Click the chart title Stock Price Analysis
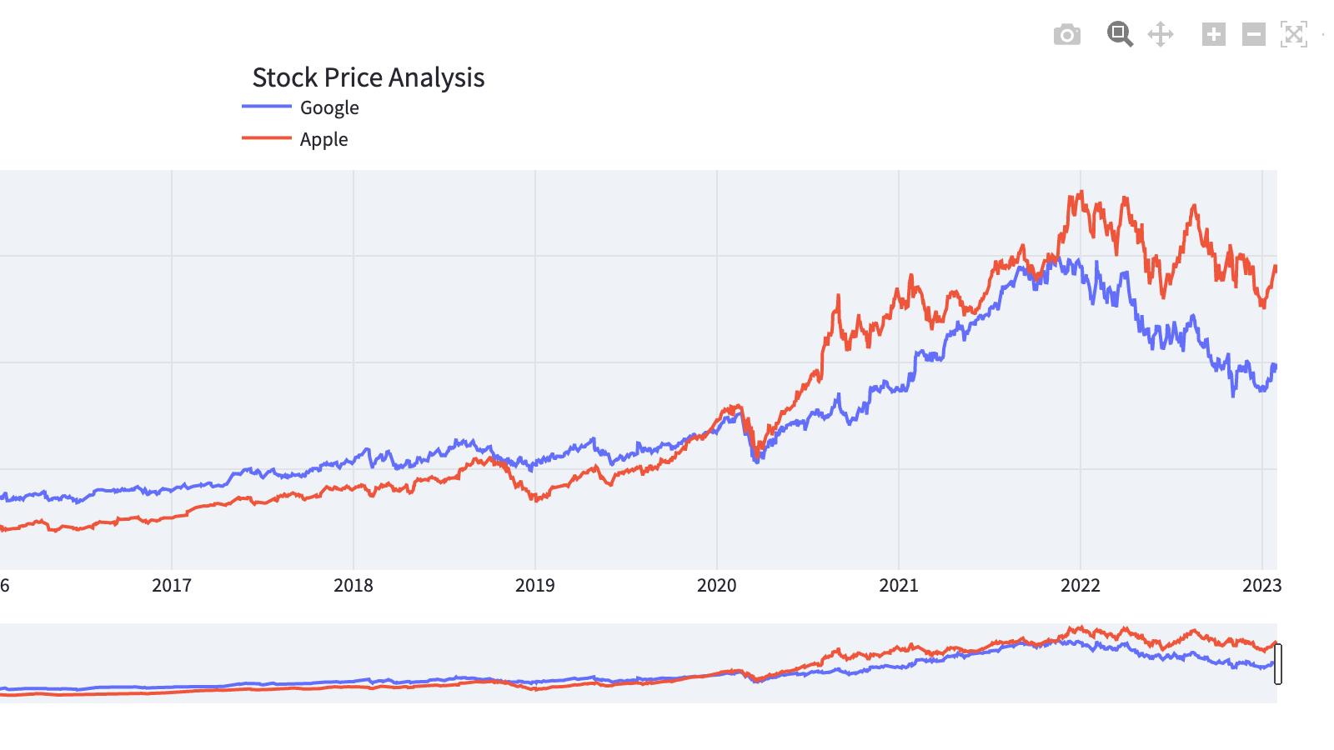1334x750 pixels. coord(368,77)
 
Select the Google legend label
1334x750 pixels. coord(329,107)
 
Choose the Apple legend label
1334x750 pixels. coord(323,139)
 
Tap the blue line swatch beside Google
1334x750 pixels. coord(266,107)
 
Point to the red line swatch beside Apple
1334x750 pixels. coord(266,137)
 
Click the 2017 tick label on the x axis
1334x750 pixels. coord(172,585)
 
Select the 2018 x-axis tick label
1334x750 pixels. coord(354,585)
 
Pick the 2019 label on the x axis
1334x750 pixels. coord(535,585)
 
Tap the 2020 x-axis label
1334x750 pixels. coord(717,585)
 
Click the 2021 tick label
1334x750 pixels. coord(899,585)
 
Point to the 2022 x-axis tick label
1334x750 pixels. coord(1081,585)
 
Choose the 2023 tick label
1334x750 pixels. coord(1261,585)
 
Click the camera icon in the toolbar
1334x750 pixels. coord(1067,35)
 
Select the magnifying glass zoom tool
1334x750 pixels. coord(1120,34)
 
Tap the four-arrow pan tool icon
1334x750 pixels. coord(1161,34)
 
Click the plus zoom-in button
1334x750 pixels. coord(1214,34)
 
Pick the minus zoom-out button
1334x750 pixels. coord(1254,34)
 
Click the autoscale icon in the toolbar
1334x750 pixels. coord(1294,34)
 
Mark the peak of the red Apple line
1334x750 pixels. coord(1081,192)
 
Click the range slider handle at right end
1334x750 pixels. coord(1278,664)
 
